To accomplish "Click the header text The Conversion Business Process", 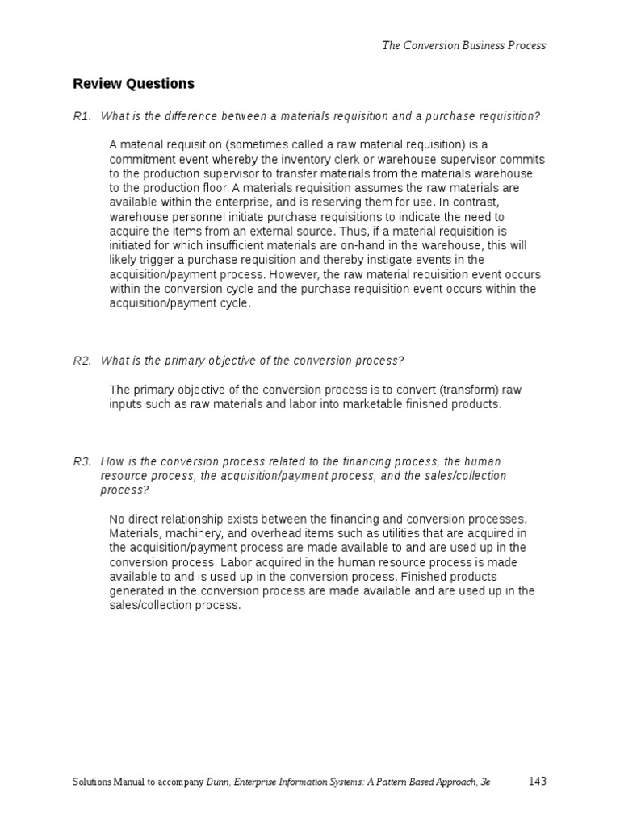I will pyautogui.click(x=463, y=46).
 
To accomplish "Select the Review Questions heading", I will pyautogui.click(x=133, y=84).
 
